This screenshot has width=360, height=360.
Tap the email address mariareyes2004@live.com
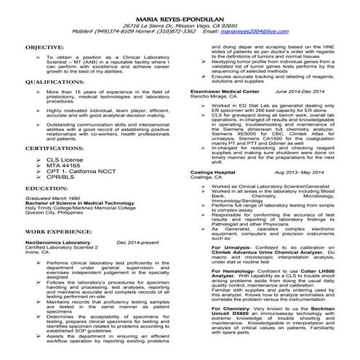click(254, 31)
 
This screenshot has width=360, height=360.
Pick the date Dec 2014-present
click(138, 241)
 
